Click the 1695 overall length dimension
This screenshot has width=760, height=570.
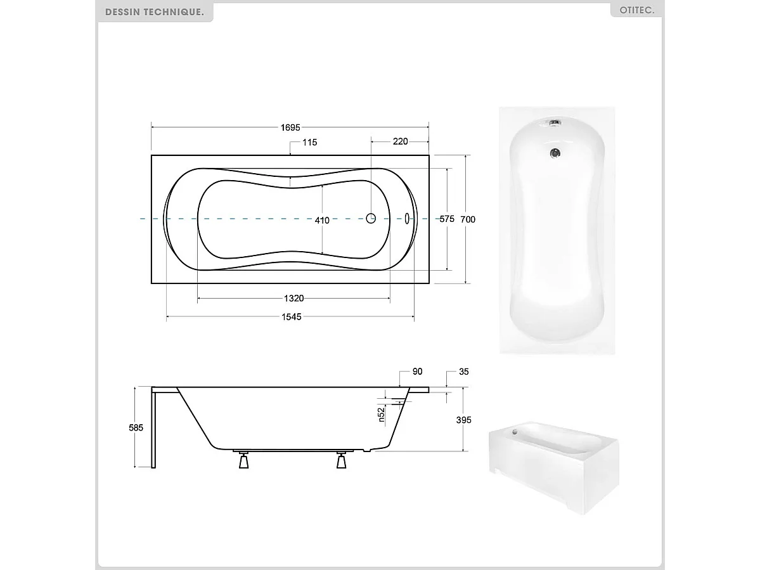[x=290, y=127]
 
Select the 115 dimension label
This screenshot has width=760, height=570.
[x=309, y=143]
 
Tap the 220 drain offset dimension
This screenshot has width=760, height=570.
[x=400, y=141]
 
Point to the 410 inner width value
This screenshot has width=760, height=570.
[x=322, y=221]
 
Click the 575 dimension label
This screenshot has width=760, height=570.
[x=447, y=219]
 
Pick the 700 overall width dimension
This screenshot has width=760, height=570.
[x=468, y=219]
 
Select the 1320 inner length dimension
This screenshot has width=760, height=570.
[x=293, y=299]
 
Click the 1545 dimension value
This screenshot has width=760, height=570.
[x=290, y=317]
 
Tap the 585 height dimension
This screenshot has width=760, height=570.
[x=136, y=427]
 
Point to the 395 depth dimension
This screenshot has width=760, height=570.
[x=463, y=420]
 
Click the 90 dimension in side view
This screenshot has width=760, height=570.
[x=417, y=372]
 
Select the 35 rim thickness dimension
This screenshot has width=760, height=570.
[x=463, y=372]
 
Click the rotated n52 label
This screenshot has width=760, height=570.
[x=382, y=414]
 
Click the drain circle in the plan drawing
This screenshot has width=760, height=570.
[x=371, y=218]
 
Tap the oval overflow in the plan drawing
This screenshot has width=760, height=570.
[x=407, y=218]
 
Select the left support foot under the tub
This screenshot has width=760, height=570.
[x=243, y=462]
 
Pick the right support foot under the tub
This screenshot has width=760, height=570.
[x=342, y=462]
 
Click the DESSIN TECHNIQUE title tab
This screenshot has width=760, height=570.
[x=155, y=12]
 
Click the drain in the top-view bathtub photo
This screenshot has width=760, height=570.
[x=555, y=153]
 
